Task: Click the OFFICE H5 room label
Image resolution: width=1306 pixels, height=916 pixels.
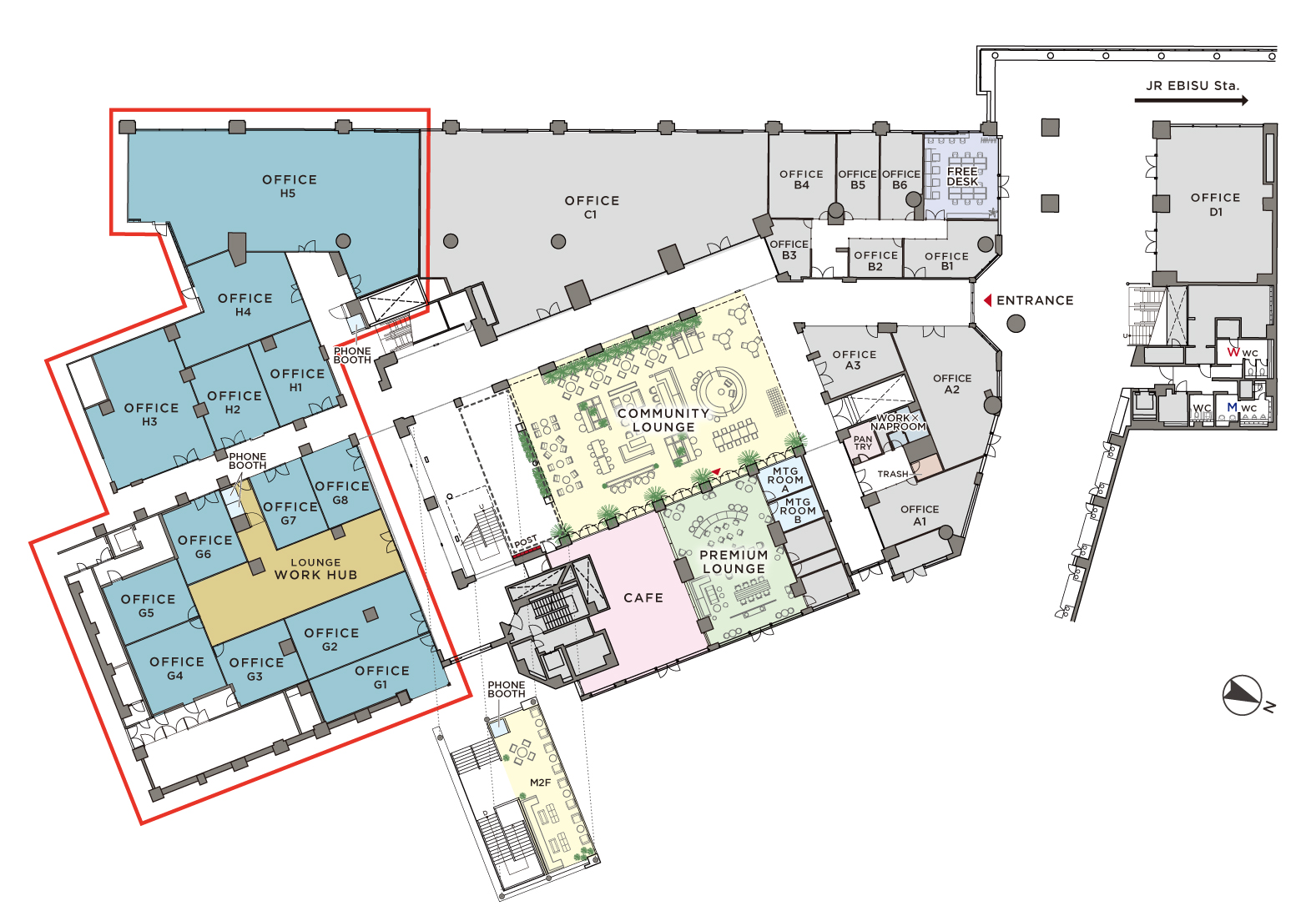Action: pos(290,186)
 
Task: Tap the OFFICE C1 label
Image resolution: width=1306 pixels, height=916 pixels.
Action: pos(592,208)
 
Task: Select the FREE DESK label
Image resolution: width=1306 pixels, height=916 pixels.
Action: pos(962,177)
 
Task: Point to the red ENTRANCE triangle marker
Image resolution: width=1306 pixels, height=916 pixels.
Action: pos(988,300)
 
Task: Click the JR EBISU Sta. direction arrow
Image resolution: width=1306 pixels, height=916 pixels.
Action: pos(1191,101)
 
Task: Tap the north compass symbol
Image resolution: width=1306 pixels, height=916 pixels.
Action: pos(1243,695)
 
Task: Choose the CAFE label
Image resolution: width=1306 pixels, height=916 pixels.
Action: pos(643,598)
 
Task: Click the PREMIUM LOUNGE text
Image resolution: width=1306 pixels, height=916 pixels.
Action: pos(734,561)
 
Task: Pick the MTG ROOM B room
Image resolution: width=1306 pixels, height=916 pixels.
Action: pos(797,511)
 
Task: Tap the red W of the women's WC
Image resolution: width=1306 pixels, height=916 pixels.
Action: pos(1233,352)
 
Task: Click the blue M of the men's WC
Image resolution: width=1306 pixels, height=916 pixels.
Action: pos(1232,407)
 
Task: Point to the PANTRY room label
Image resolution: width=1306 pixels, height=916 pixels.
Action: pos(863,443)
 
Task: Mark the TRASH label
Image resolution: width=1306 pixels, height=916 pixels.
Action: pos(893,475)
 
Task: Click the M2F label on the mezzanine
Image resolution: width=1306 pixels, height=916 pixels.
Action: pos(541,783)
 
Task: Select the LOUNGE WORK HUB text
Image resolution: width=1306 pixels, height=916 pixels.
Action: pos(315,569)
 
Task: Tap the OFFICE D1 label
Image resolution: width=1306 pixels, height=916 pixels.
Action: pos(1215,204)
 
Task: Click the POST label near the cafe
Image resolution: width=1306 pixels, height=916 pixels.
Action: pos(525,542)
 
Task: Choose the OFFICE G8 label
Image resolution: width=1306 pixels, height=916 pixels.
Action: pos(341,493)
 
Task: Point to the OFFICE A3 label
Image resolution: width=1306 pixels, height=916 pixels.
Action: pos(854,360)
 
